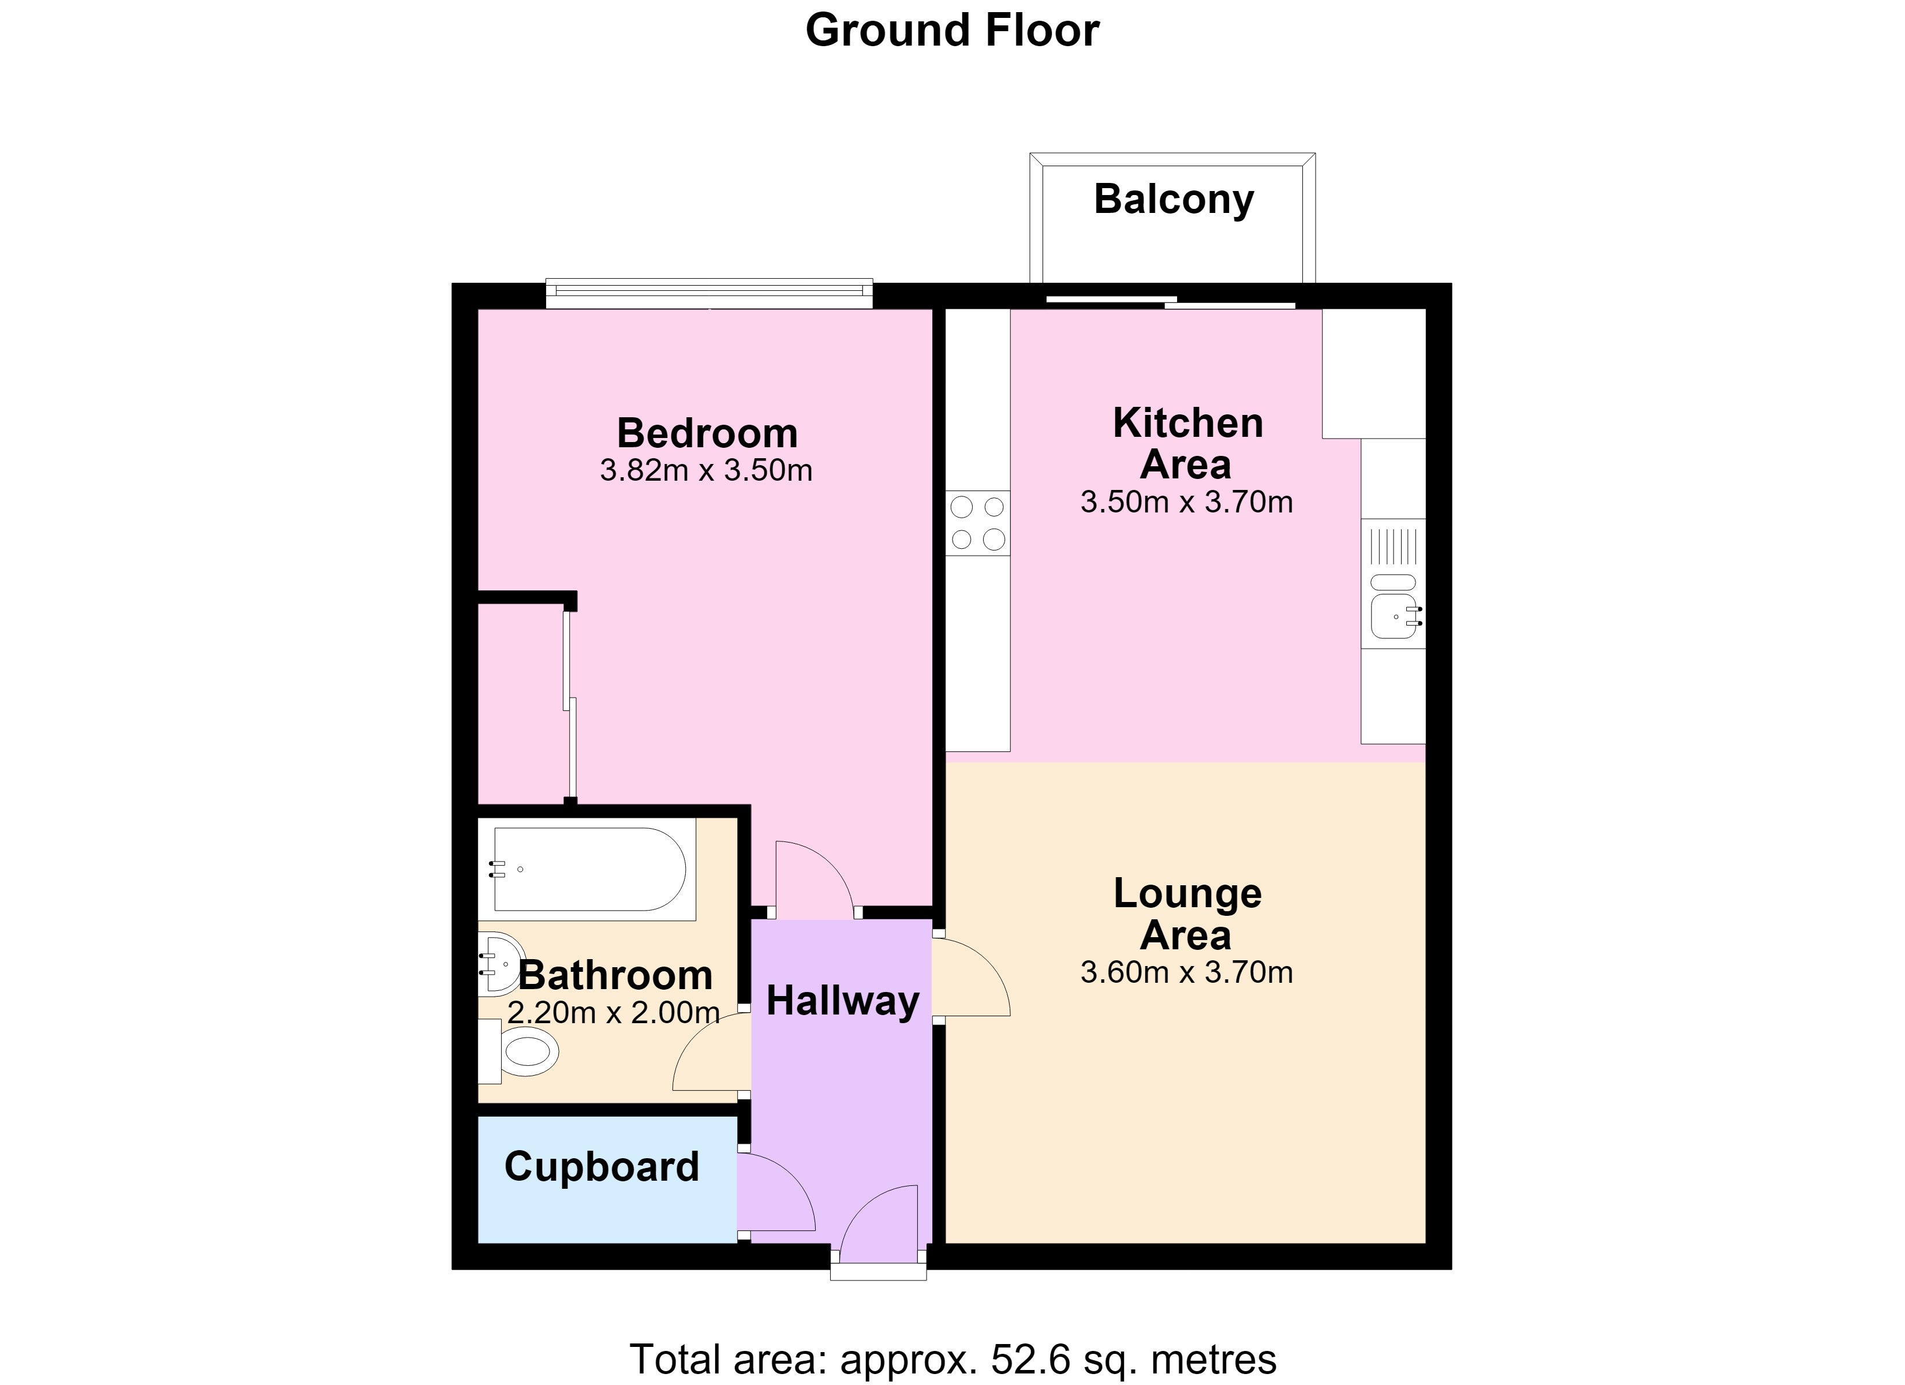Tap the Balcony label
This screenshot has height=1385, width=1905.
(x=1174, y=200)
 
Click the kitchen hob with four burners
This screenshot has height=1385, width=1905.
(x=978, y=522)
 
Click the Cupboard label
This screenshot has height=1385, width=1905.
(x=602, y=1167)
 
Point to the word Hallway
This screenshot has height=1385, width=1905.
(x=842, y=1001)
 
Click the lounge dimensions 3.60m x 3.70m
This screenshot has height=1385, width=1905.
(x=1186, y=972)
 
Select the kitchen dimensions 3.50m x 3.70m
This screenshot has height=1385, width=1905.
(x=1186, y=502)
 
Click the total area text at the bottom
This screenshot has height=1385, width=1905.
(x=952, y=1359)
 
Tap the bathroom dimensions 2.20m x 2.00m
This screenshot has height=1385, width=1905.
(x=613, y=1013)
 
